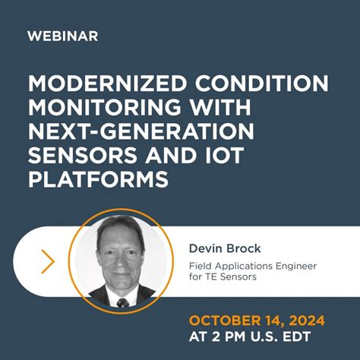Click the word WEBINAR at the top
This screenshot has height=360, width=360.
62,36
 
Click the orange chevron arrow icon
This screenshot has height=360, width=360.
48,261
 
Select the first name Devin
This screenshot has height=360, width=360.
205,248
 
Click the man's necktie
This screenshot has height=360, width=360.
122,302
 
